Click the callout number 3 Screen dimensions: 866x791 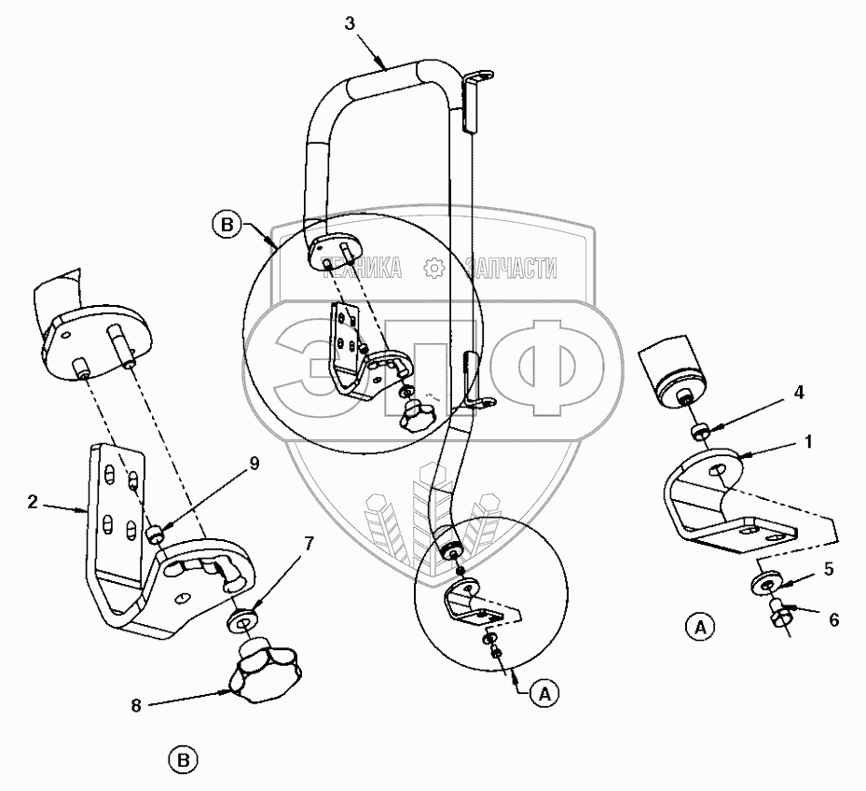(350, 23)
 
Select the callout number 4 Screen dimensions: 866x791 (799, 393)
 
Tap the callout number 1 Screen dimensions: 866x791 (808, 442)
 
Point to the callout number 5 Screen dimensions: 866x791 (829, 569)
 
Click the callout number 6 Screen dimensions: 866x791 (834, 620)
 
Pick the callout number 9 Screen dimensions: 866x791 (254, 464)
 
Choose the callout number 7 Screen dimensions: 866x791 (309, 545)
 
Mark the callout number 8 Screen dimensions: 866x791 (136, 706)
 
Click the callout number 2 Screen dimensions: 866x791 (33, 502)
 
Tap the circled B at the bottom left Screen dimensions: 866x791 (184, 761)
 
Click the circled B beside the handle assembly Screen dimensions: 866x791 (227, 225)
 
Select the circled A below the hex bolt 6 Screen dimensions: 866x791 (700, 628)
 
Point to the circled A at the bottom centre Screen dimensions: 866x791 (544, 693)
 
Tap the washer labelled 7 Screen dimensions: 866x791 (242, 619)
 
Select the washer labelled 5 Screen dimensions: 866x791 (766, 584)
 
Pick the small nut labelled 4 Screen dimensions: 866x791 (700, 431)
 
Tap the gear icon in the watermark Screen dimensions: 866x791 (434, 268)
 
